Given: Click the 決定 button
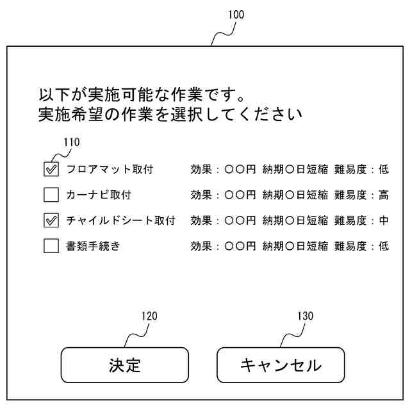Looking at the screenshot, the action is pos(124,365).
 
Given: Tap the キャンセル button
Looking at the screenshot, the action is pos(281,365).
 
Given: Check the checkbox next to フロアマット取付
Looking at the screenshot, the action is pos(51,169).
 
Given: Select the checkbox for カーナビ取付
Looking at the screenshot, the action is pos(51,195).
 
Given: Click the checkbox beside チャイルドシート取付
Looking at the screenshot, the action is pos(51,220).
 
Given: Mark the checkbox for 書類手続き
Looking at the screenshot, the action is pos(51,246).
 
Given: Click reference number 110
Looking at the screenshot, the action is pos(72,142).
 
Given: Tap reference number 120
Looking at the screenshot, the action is pos(149,316).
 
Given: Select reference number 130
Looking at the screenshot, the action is pos(306,316).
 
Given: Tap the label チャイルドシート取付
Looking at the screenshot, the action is pos(120,220).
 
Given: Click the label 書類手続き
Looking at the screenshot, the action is pos(93,246).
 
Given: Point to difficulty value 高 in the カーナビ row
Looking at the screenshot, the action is pos(383,195).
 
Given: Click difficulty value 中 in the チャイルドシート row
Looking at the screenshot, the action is pos(383,220).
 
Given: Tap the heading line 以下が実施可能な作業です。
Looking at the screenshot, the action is pos(141,96).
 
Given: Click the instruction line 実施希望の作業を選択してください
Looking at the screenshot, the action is pos(170,115).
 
